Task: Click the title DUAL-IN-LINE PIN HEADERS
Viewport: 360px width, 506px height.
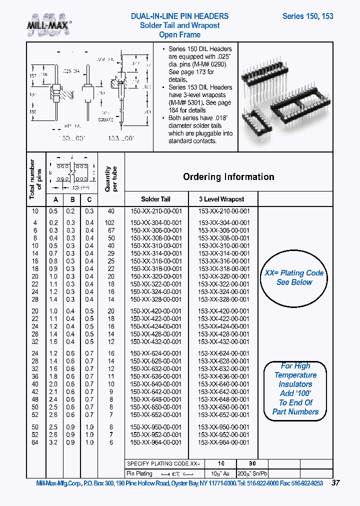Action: click(179, 16)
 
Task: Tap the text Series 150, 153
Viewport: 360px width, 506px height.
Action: click(307, 16)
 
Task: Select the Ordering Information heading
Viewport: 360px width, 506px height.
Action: click(228, 177)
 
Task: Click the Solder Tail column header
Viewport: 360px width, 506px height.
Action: click(155, 199)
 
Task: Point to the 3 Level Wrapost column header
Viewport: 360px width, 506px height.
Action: click(221, 199)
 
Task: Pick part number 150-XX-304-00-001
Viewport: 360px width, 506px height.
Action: click(155, 222)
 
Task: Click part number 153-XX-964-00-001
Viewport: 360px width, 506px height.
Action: click(223, 442)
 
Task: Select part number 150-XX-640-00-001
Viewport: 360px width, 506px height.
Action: click(155, 384)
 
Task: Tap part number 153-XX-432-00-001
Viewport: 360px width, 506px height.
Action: click(223, 341)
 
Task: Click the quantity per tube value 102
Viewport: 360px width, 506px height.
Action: click(110, 222)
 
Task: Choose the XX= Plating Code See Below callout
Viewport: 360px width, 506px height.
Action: click(294, 278)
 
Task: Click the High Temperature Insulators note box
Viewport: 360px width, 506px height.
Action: click(295, 389)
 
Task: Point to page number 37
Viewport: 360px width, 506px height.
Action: click(336, 483)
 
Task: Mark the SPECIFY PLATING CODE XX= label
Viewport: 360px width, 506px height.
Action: click(163, 464)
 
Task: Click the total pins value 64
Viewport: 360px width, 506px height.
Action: click(35, 442)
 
